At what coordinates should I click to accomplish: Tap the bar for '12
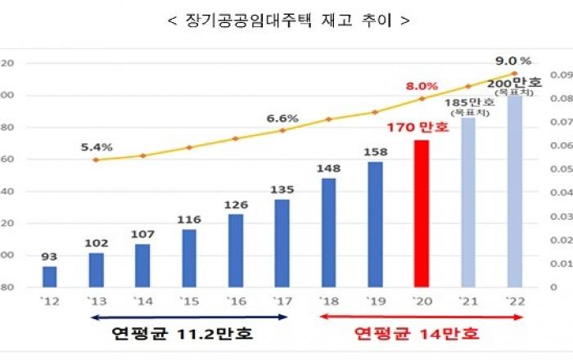pyautogui.click(x=50, y=277)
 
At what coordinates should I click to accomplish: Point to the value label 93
pyautogui.click(x=50, y=256)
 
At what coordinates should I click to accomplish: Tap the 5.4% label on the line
pyautogui.click(x=97, y=147)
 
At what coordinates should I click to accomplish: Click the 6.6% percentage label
pyautogui.click(x=282, y=118)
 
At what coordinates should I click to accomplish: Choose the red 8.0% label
pyautogui.click(x=422, y=85)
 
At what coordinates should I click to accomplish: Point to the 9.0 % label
pyautogui.click(x=514, y=61)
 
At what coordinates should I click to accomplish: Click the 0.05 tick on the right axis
pyautogui.click(x=559, y=169)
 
